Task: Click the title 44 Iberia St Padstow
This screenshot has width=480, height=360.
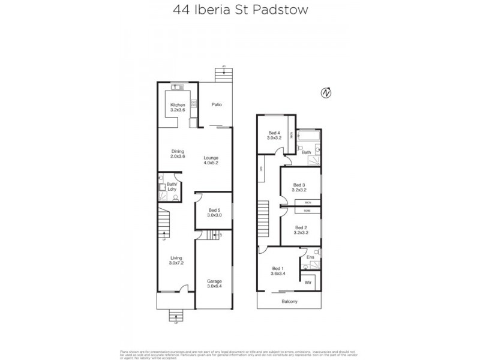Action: pyautogui.click(x=240, y=10)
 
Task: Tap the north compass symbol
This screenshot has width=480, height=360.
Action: pyautogui.click(x=326, y=93)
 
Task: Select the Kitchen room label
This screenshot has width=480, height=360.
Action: pyautogui.click(x=178, y=108)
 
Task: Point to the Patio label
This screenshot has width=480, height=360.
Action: pyautogui.click(x=217, y=105)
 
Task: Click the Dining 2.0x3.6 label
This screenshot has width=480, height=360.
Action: pyautogui.click(x=178, y=154)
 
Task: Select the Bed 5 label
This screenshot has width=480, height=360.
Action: pyautogui.click(x=214, y=212)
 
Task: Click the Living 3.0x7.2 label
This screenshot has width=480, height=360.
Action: pyautogui.click(x=176, y=260)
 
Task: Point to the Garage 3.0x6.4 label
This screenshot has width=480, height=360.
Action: pyautogui.click(x=214, y=283)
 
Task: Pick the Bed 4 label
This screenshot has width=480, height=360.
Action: pyautogui.click(x=274, y=135)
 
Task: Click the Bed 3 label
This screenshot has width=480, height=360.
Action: pyautogui.click(x=300, y=187)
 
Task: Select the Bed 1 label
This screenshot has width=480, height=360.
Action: pyautogui.click(x=277, y=271)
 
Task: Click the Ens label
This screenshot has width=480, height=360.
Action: pyautogui.click(x=310, y=257)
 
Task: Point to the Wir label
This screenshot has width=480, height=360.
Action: pyautogui.click(x=308, y=281)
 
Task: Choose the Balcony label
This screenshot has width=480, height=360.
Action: pyautogui.click(x=289, y=301)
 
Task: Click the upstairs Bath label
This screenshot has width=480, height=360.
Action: pyautogui.click(x=306, y=152)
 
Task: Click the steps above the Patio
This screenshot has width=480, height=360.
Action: pyautogui.click(x=223, y=77)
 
